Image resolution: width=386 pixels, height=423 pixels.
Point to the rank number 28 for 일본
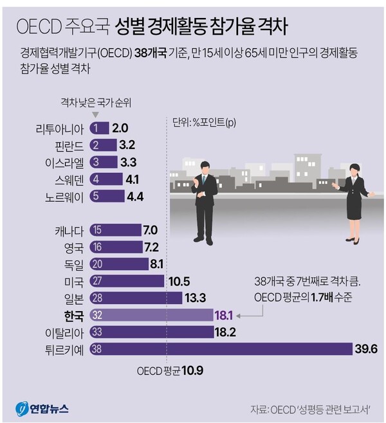(x=97, y=297)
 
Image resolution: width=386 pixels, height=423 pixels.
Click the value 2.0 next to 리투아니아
(x=121, y=127)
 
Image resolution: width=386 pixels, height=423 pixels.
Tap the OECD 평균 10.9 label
(x=170, y=372)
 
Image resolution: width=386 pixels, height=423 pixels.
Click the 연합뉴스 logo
(x=42, y=408)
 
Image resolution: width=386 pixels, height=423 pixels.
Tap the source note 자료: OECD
(x=315, y=410)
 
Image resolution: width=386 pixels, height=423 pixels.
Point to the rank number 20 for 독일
(x=97, y=264)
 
